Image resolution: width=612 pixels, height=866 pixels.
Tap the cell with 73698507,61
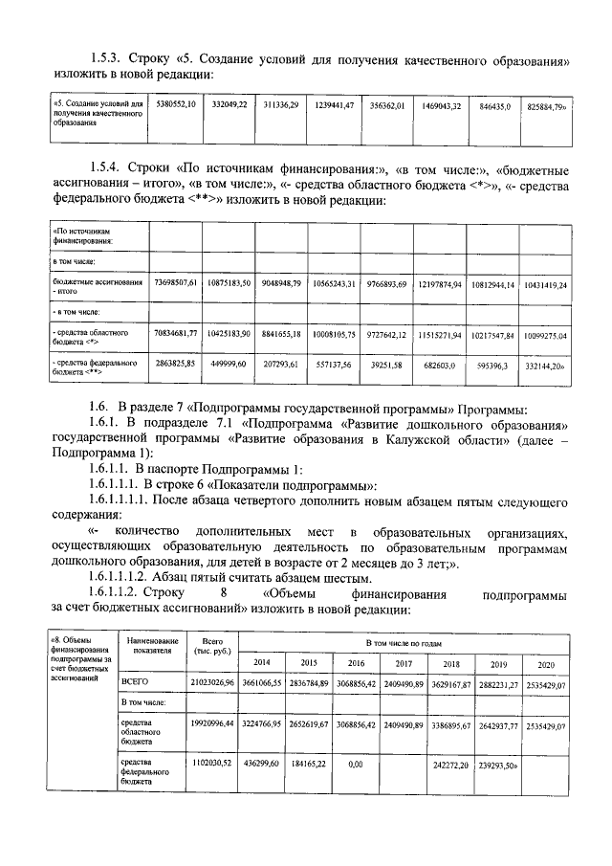tap(175, 284)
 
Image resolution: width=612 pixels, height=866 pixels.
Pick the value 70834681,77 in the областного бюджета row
tap(175, 334)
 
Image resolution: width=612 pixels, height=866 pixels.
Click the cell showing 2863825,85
tap(175, 366)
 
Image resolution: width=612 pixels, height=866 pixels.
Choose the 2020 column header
tap(545, 663)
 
